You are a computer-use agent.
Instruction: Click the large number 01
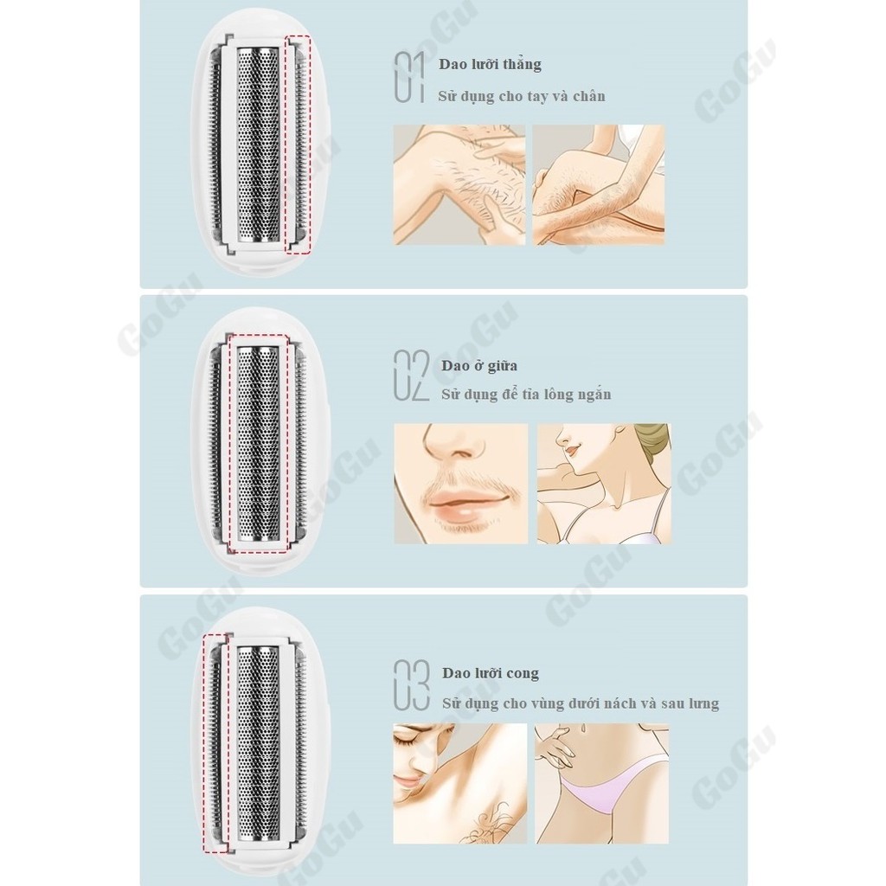click(409, 77)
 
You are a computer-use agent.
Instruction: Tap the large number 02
click(411, 376)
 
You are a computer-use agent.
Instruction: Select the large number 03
click(411, 685)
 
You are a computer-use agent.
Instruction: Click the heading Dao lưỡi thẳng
click(490, 64)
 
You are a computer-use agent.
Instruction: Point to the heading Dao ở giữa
click(479, 366)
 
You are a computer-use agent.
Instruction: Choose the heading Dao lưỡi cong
click(491, 673)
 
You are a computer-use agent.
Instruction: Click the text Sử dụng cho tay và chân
click(522, 97)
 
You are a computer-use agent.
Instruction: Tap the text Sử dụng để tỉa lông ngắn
click(526, 395)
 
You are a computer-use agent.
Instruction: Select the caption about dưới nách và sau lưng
click(581, 703)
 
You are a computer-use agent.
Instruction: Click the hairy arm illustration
click(459, 185)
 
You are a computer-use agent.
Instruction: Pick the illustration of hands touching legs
click(599, 185)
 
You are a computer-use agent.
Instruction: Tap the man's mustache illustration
click(461, 484)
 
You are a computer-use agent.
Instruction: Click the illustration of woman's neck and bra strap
click(604, 484)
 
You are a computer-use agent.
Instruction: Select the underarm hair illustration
click(460, 783)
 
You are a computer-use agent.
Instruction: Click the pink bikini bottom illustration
click(602, 783)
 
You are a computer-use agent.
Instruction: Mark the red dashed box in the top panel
click(298, 144)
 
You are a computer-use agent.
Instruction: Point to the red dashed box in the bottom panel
click(215, 743)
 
